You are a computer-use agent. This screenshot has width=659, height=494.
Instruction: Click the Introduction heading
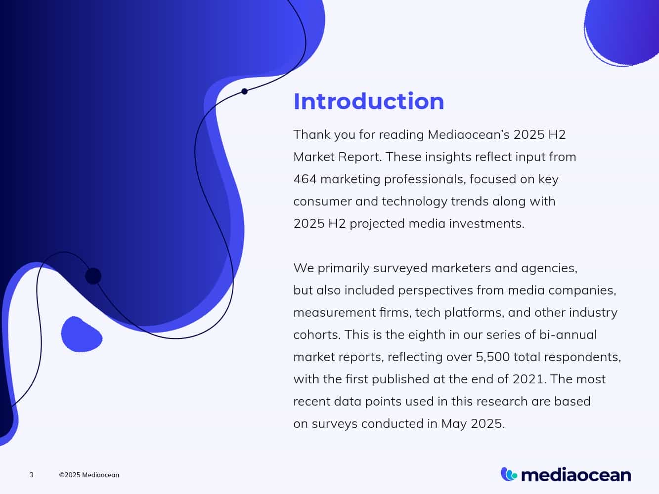pyautogui.click(x=368, y=101)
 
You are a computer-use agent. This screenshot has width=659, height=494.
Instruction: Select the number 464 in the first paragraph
pyautogui.click(x=305, y=179)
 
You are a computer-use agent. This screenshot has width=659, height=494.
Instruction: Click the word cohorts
pyautogui.click(x=316, y=334)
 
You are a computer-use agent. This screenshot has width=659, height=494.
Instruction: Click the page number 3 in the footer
pyautogui.click(x=32, y=475)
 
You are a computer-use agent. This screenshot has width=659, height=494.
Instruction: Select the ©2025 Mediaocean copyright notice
pyautogui.click(x=89, y=475)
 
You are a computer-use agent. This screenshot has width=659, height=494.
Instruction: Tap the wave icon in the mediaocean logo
pyautogui.click(x=509, y=474)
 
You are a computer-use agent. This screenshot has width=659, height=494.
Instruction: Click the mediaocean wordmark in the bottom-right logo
pyautogui.click(x=576, y=475)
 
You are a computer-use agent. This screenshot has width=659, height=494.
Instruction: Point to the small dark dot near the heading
pyautogui.click(x=244, y=91)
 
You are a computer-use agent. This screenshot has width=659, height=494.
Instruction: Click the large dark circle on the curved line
pyautogui.click(x=93, y=276)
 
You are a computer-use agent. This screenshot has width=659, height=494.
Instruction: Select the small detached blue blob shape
pyautogui.click(x=81, y=335)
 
